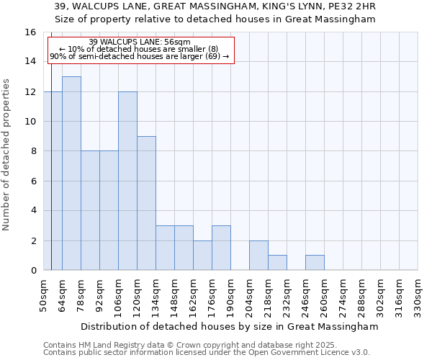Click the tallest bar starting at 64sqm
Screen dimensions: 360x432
pos(71,173)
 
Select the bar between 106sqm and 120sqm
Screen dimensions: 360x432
pos(127,181)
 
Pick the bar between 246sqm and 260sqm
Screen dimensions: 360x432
pos(315,263)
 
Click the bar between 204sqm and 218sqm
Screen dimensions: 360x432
pos(258,256)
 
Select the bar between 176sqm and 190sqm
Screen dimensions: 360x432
pos(221,248)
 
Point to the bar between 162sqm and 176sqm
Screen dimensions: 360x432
pos(202,256)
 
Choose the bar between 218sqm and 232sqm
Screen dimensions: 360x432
pos(277,263)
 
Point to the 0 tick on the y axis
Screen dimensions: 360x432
pos(32,271)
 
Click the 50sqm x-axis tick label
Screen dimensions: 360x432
pos(43,294)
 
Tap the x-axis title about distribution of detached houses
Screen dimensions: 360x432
pos(230,326)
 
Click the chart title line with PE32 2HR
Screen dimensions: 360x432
pos(216,6)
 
